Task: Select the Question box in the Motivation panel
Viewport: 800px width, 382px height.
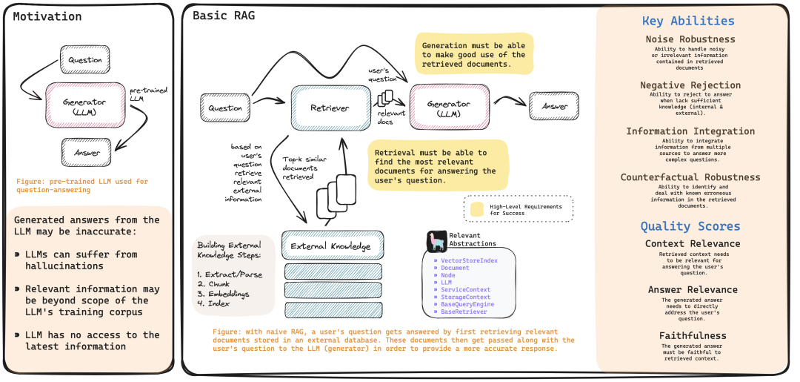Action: tap(85, 59)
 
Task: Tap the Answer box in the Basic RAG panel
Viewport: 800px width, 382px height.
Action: tap(555, 107)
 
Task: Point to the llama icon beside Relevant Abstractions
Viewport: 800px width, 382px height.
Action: tap(436, 242)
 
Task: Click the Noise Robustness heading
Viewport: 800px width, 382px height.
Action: tap(690, 39)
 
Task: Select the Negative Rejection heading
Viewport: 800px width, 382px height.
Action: tap(690, 85)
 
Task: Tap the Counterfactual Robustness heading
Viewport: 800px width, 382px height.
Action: tap(690, 177)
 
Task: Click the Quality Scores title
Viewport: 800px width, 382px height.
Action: tap(690, 226)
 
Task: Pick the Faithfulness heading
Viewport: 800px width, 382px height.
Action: tap(690, 336)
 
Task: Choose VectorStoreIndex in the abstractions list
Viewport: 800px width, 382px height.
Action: tap(469, 260)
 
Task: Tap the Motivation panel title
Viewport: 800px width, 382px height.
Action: tap(48, 16)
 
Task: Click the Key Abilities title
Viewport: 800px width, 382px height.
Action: tap(688, 21)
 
